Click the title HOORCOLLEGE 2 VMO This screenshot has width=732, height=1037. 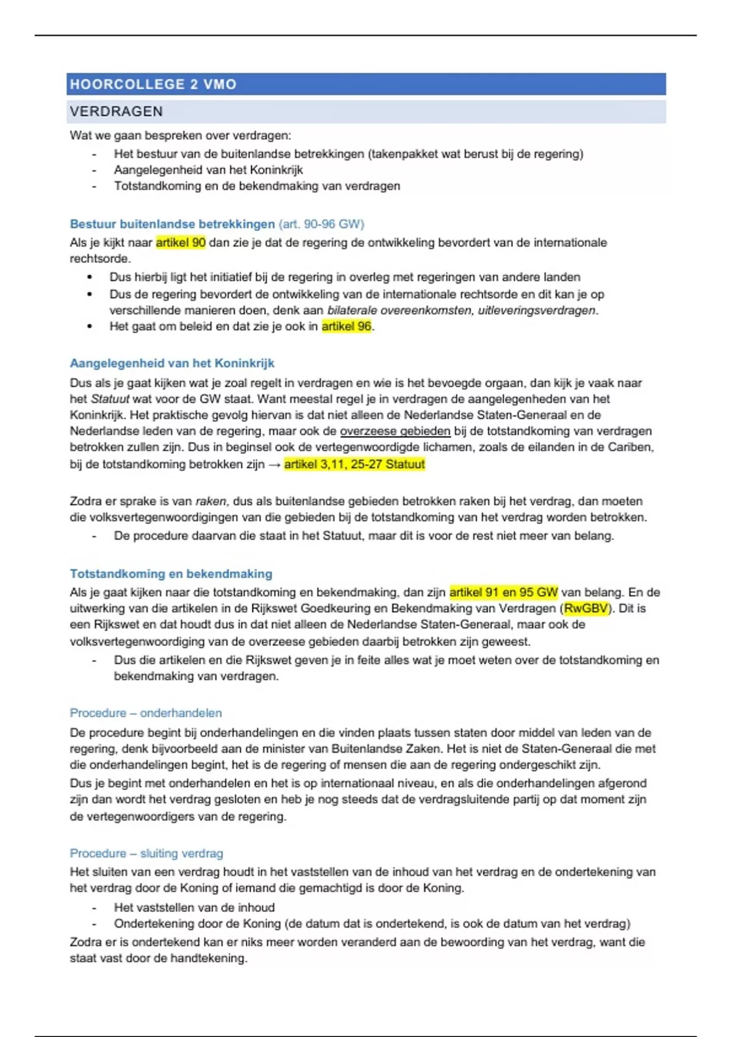(x=153, y=84)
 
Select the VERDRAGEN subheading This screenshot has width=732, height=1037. (x=117, y=112)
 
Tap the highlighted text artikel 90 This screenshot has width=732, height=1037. (x=181, y=242)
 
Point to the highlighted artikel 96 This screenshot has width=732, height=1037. (x=346, y=326)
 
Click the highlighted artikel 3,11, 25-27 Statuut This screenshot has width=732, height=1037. (x=354, y=464)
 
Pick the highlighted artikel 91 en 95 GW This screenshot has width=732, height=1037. (x=503, y=592)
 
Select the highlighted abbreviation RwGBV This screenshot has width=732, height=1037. (x=586, y=608)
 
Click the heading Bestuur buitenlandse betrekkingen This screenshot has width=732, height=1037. (x=172, y=224)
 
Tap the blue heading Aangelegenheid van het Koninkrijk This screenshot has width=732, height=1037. (x=172, y=364)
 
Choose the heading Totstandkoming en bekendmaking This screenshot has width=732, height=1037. (x=171, y=574)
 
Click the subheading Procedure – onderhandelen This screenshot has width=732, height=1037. (x=146, y=713)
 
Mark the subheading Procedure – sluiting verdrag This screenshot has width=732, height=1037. (x=146, y=853)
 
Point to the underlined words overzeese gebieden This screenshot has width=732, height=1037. (x=395, y=431)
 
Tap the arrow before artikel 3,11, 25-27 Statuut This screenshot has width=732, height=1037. (x=274, y=465)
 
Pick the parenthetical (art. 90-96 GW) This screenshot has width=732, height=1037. (x=321, y=224)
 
